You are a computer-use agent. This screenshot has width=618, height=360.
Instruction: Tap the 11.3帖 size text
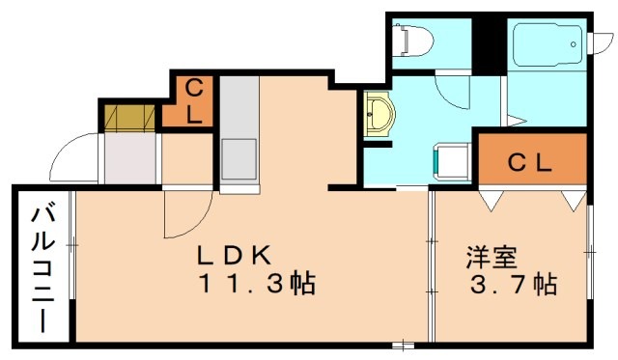click(259, 285)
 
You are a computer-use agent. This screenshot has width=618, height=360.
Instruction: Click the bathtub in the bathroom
click(547, 43)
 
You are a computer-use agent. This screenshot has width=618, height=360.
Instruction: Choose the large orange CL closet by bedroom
click(532, 161)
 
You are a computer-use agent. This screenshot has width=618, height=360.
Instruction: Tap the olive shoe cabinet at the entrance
click(130, 116)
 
